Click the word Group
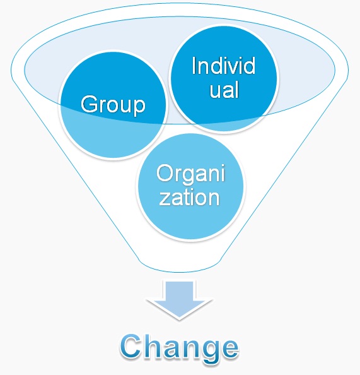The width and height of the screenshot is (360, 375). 113,105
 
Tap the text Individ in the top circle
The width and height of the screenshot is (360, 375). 223,66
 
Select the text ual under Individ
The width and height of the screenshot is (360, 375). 224,90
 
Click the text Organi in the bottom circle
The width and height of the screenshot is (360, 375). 190,174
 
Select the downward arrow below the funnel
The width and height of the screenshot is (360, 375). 179,300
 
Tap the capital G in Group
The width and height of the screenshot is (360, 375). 90,104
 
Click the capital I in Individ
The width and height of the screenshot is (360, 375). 194,66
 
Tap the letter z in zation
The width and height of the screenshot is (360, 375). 164,199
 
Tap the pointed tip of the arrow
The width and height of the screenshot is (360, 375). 179,320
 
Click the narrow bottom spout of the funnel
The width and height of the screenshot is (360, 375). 179,265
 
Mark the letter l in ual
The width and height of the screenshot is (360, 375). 236,90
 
